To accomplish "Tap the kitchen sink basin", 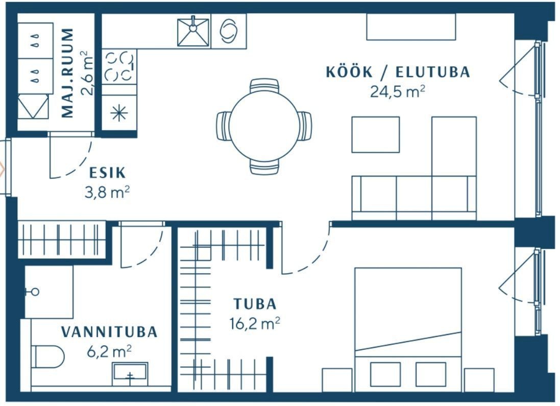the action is tap(193, 32).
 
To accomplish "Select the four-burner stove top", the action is tap(119, 66).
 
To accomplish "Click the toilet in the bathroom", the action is tap(48, 356).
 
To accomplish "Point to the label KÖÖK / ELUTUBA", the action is tap(398, 72).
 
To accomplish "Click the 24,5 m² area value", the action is tap(398, 91).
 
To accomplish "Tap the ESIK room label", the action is tap(107, 173).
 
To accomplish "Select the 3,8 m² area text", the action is tap(107, 193).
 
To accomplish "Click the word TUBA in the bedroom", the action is tap(255, 304).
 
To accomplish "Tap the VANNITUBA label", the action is tap(109, 332).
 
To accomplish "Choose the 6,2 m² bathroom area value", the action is tap(109, 351).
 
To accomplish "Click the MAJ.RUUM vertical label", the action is tap(67, 73).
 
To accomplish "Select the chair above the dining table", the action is tap(264, 86).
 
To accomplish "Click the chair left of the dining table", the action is tap(224, 126).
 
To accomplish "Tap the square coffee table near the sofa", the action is tap(375, 135).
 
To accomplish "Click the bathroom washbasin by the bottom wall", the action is tap(130, 374).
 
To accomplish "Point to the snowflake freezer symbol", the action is tap(119, 113).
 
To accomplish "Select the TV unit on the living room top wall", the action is tap(411, 27).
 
